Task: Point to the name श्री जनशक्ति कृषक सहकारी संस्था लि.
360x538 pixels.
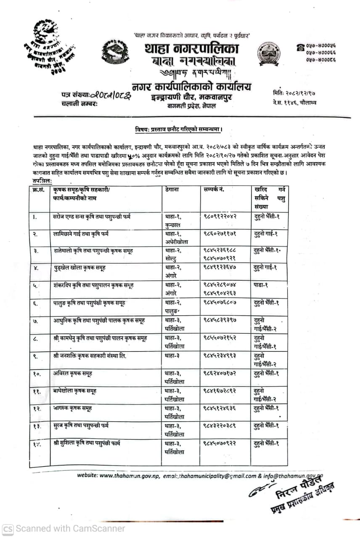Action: [90, 356]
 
